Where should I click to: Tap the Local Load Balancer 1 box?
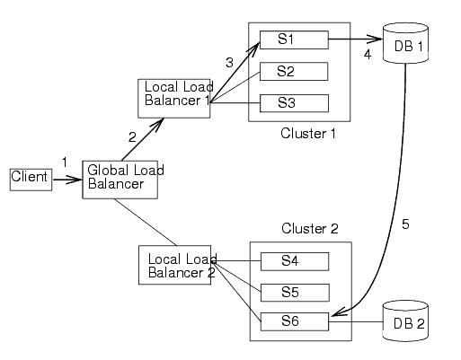(x=174, y=98)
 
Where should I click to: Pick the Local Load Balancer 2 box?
(x=176, y=265)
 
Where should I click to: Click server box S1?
(x=293, y=40)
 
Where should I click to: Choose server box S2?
(x=293, y=71)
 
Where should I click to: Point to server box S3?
(x=293, y=102)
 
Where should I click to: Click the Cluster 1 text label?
(x=307, y=134)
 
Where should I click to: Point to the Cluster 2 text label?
(x=309, y=229)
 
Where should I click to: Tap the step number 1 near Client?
(x=64, y=161)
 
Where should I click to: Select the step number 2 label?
(x=132, y=137)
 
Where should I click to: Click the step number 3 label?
(x=229, y=62)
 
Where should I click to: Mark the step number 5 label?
(x=405, y=224)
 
